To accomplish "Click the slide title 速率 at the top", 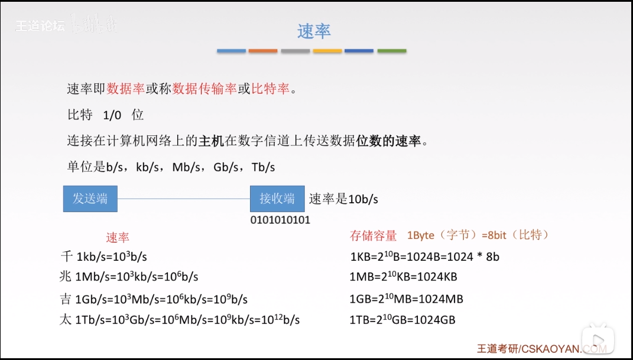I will [x=313, y=31].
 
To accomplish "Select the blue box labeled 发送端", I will [x=90, y=199].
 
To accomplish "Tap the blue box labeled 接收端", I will [x=277, y=199].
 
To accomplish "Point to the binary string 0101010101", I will [x=280, y=220].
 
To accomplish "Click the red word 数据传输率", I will [x=204, y=89].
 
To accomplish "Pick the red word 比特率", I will [x=271, y=89].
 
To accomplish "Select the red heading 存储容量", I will [x=374, y=236].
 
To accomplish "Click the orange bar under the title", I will [x=263, y=51].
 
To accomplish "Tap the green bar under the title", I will [x=392, y=51].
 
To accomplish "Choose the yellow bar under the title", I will [x=327, y=51].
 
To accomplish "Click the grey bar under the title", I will [x=296, y=51].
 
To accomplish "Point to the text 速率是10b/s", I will [x=343, y=199].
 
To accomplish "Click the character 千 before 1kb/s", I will [x=66, y=257].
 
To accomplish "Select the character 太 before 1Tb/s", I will [x=66, y=320].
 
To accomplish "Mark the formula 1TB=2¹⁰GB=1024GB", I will [x=402, y=320].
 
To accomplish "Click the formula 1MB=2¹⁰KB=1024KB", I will [x=404, y=277].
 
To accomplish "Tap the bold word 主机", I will [x=211, y=141].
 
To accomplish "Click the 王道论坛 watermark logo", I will [x=40, y=26].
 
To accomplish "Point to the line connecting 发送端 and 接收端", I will [x=183, y=199].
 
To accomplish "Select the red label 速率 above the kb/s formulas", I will [x=118, y=238].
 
